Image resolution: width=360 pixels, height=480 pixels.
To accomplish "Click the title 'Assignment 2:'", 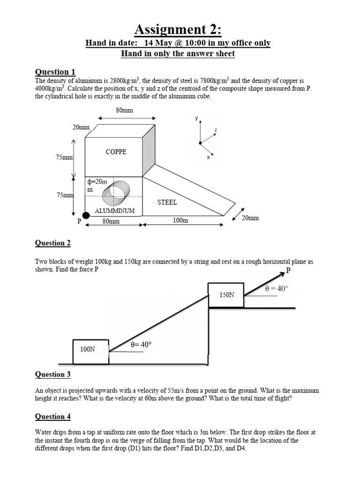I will click(x=178, y=30).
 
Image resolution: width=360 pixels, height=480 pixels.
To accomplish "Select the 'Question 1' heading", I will click(x=55, y=72).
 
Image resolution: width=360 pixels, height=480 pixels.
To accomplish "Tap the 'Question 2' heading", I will click(x=53, y=243).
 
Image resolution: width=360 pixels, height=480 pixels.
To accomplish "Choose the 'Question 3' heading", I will click(x=53, y=374).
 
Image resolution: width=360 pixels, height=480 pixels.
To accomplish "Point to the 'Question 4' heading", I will click(x=53, y=416).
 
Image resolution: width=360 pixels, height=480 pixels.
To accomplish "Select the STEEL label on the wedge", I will click(x=167, y=202).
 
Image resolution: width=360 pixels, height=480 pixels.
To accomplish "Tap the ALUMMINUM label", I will click(x=115, y=211).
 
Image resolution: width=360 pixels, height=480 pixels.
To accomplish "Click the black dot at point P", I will click(x=86, y=215).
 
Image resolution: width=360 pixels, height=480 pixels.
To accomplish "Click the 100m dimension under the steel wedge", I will click(x=180, y=220).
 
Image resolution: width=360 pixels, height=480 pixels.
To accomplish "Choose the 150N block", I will click(x=226, y=294).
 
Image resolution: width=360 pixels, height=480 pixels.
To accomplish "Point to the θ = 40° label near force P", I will click(x=277, y=289).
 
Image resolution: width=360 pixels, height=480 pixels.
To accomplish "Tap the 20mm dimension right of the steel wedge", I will click(x=250, y=218).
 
